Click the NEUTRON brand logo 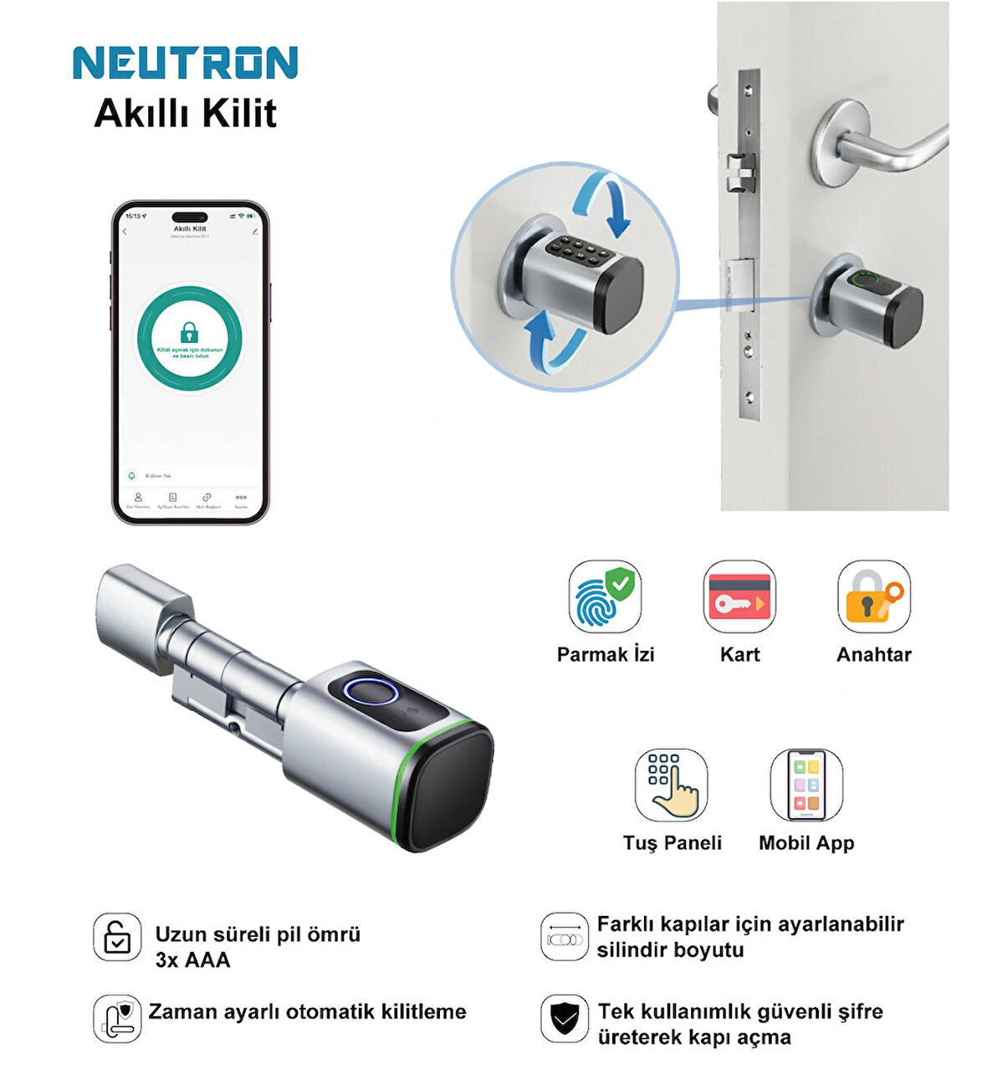click(185, 64)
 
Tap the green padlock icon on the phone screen click(190, 331)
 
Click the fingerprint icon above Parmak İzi click(604, 596)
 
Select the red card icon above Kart click(739, 596)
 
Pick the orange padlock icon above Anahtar click(873, 596)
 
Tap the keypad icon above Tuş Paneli click(671, 785)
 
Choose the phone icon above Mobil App click(806, 785)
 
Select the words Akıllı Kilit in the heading click(185, 114)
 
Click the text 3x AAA click(192, 960)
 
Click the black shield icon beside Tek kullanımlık click(565, 1018)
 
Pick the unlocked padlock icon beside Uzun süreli click(117, 937)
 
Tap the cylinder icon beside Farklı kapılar click(565, 937)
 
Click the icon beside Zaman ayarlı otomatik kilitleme click(117, 1018)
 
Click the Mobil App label click(806, 842)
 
